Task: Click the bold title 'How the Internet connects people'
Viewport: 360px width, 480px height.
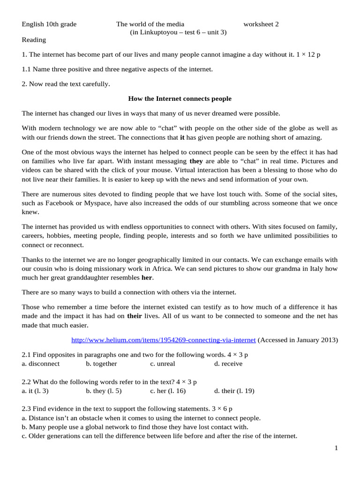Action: click(x=180, y=99)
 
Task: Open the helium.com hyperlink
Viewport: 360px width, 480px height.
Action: click(x=163, y=340)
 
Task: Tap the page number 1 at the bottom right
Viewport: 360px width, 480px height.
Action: click(x=336, y=449)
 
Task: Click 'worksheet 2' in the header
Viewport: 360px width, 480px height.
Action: click(x=261, y=24)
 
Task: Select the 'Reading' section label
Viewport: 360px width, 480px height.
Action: click(x=34, y=40)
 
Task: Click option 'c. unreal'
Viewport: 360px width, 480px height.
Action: click(x=163, y=363)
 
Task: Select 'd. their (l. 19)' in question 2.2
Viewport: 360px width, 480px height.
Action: click(x=234, y=390)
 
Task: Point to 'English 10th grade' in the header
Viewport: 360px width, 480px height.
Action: click(x=49, y=24)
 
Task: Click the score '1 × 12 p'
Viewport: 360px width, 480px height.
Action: click(x=309, y=55)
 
